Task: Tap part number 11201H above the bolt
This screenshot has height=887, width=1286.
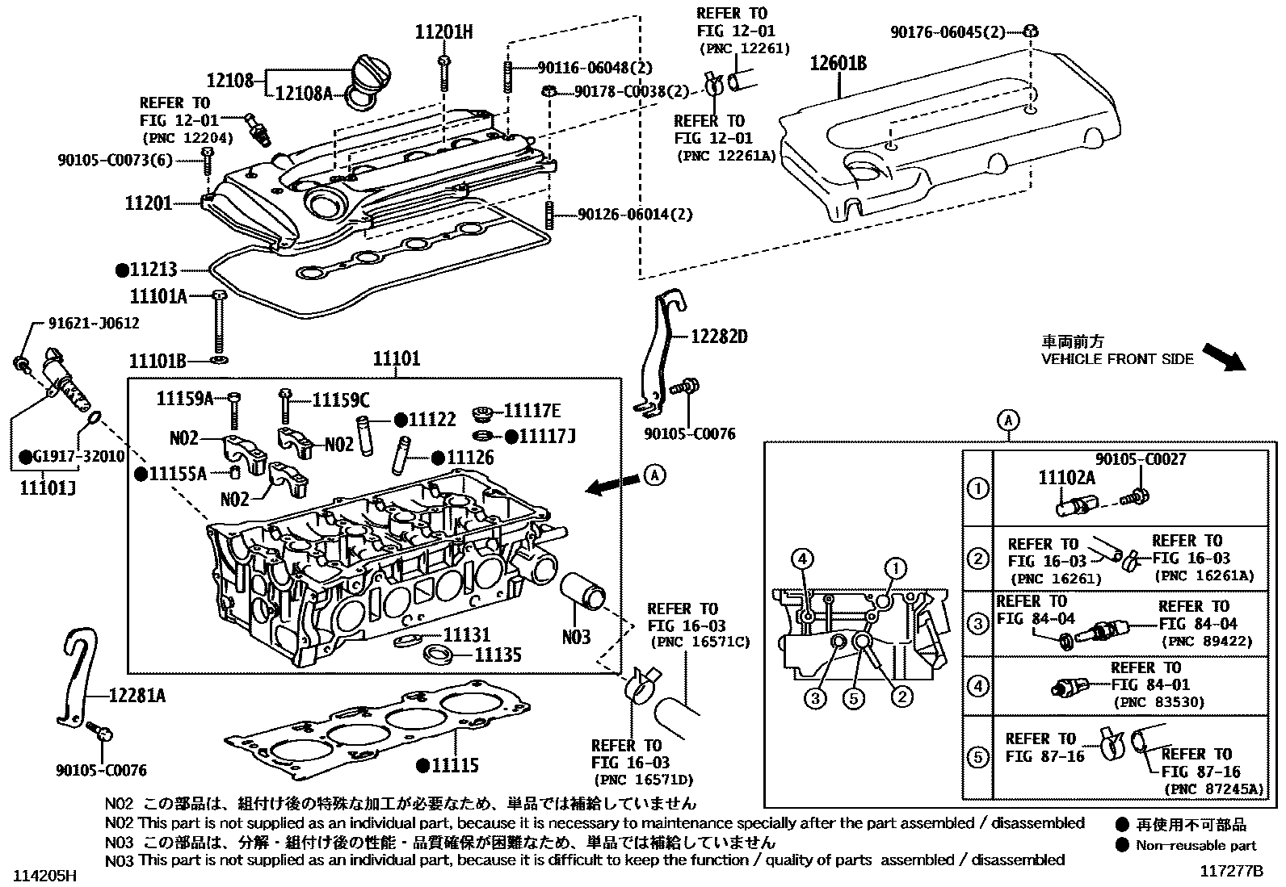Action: (443, 33)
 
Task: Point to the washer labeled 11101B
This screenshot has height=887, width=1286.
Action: (219, 357)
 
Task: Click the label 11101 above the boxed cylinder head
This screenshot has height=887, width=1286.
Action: (396, 358)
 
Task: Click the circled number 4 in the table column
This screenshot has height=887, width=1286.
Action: (977, 687)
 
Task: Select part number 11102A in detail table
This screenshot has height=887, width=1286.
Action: (1066, 478)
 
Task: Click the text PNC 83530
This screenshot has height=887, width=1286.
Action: (1158, 702)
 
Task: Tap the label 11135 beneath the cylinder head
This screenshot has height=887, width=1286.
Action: (498, 655)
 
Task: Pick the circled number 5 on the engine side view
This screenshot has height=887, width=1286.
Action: (854, 697)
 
